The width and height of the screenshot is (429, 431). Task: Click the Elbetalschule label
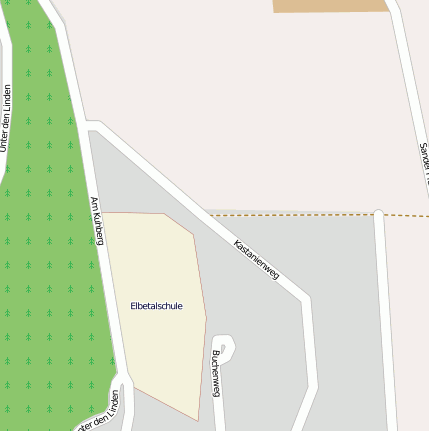(156, 306)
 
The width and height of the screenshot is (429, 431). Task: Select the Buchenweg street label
(216, 373)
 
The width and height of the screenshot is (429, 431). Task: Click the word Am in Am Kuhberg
(94, 203)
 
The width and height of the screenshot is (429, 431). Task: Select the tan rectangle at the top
(330, 5)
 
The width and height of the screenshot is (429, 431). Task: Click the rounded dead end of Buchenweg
(224, 346)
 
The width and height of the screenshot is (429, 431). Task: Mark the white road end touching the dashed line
(379, 213)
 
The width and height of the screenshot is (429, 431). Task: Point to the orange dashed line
(300, 214)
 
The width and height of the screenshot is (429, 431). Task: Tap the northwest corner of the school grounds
(106, 213)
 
